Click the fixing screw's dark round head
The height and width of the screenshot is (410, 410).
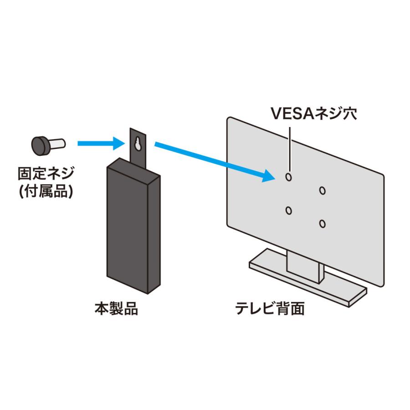[x=41, y=145]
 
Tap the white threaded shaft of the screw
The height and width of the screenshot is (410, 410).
[x=57, y=144]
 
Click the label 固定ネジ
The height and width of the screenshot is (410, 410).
[x=46, y=174]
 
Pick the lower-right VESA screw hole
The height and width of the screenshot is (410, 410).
[x=323, y=224]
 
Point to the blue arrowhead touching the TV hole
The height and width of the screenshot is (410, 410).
[x=269, y=176]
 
